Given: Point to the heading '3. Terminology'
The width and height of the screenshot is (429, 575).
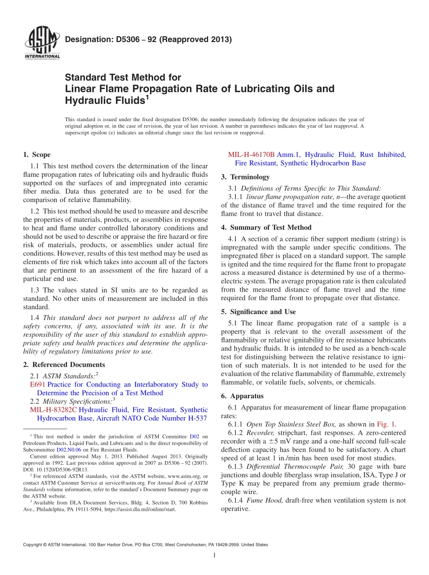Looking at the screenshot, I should coord(245,177).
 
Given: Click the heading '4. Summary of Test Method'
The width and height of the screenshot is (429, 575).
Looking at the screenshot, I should coord(266,227).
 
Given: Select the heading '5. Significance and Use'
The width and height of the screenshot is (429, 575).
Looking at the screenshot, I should coord(258,312).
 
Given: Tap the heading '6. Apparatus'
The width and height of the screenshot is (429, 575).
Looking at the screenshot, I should coord(242,396).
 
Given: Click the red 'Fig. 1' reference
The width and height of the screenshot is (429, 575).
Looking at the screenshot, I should coord(386,424).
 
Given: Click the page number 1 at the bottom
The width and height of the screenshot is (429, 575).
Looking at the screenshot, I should coord(214,556).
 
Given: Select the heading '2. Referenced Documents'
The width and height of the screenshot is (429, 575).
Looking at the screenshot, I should coord(64,365).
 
